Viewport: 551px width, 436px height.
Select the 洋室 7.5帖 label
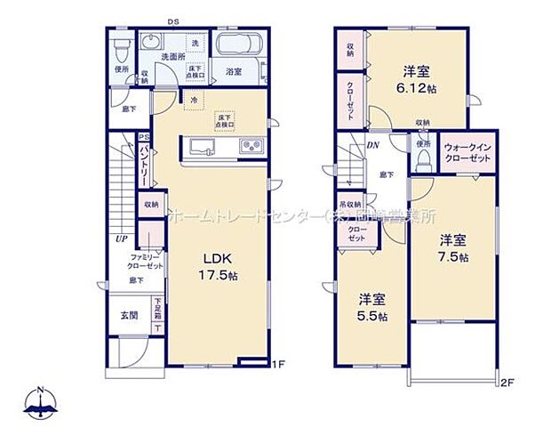(x=452, y=247)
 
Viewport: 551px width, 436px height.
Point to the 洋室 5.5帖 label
(x=371, y=307)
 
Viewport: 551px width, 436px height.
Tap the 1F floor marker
(x=277, y=364)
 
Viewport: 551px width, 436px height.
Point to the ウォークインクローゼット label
(x=467, y=152)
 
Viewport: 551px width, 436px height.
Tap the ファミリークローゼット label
(x=143, y=262)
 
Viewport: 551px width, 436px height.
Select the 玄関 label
(x=128, y=315)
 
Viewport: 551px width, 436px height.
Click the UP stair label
(x=116, y=238)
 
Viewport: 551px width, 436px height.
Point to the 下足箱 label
(x=157, y=308)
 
